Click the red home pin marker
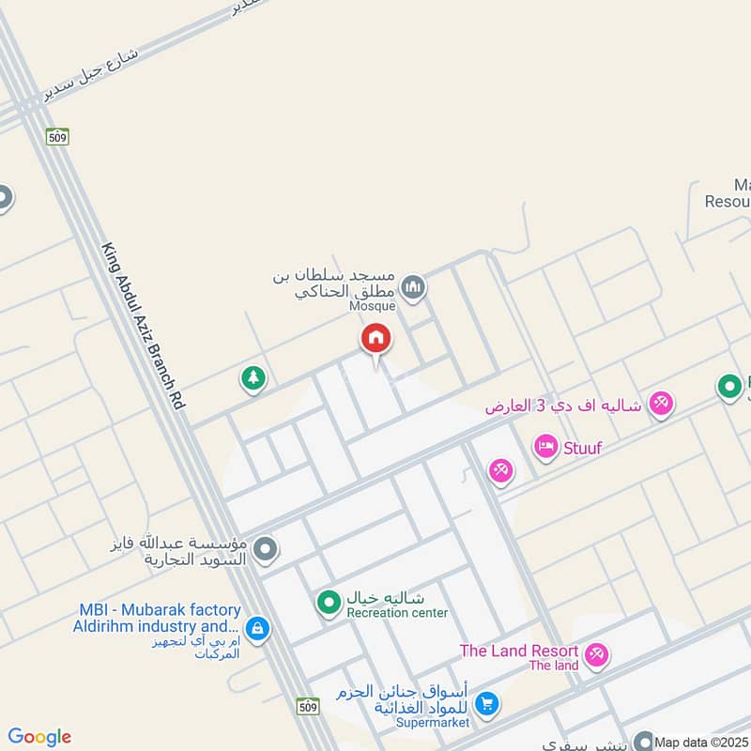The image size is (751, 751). (x=375, y=338)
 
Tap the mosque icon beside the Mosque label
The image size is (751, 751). (x=413, y=285)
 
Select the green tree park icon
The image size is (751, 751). (x=253, y=379)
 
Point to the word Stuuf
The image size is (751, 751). (x=582, y=448)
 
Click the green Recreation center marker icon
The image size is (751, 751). (x=328, y=602)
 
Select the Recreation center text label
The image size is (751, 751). (x=397, y=613)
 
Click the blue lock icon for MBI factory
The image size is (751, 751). (x=255, y=628)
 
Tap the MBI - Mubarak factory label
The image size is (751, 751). (x=160, y=610)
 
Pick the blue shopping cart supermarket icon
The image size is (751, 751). (x=486, y=702)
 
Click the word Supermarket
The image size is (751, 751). (x=435, y=724)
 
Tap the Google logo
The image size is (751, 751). (x=39, y=737)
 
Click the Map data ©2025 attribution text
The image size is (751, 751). (x=702, y=742)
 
